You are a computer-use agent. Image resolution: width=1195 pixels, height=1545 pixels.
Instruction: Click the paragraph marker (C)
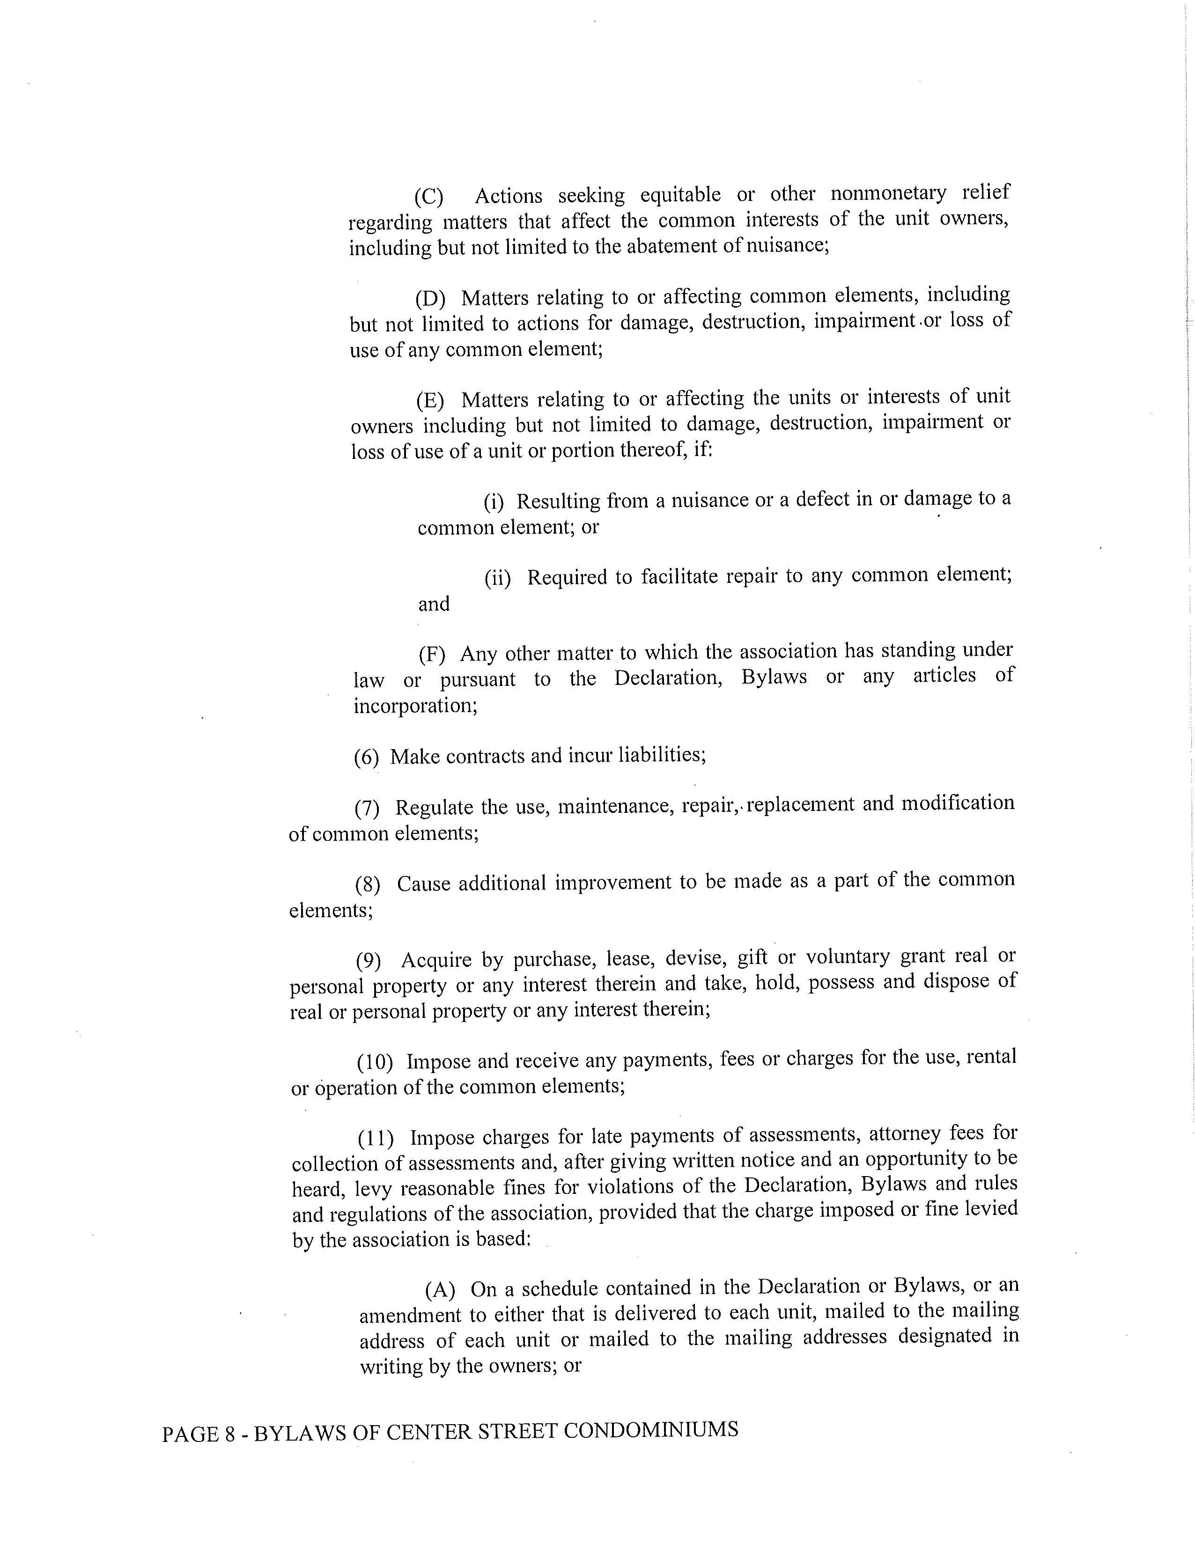click(428, 196)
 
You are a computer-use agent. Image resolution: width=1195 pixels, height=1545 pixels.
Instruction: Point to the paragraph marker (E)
click(429, 400)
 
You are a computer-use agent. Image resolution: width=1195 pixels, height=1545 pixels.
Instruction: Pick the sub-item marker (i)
click(493, 502)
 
